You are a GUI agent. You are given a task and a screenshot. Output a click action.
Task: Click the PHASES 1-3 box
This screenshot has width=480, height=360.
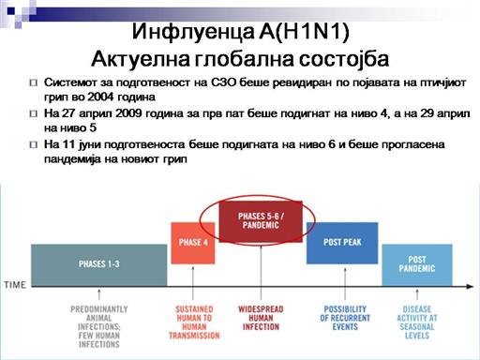click(99, 265)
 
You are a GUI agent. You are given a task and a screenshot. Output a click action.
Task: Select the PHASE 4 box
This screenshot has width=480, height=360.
click(193, 243)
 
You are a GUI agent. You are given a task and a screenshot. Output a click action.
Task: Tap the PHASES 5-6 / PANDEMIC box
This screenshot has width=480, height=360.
click(261, 221)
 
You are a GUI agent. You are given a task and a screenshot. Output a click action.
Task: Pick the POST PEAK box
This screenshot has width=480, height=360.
click(342, 243)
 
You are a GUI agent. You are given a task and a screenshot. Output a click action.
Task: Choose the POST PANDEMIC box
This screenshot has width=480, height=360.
click(417, 265)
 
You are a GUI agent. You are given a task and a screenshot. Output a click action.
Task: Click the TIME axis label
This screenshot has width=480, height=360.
click(15, 285)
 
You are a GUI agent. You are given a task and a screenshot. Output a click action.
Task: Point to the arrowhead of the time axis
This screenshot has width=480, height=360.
click(471, 286)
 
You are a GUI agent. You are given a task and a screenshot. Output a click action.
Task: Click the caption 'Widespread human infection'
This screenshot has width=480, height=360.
click(261, 318)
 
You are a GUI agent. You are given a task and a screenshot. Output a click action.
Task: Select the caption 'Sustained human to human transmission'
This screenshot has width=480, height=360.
click(194, 322)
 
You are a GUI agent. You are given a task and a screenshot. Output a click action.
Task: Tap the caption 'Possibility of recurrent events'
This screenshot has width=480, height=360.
click(345, 318)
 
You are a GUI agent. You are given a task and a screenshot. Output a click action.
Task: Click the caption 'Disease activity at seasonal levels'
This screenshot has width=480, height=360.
click(417, 322)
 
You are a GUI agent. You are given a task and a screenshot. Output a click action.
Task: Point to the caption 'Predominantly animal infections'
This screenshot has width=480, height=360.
click(99, 327)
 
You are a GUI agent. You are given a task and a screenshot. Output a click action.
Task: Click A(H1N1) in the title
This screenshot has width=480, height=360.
click(304, 31)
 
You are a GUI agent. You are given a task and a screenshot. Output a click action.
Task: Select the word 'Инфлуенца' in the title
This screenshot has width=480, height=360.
click(193, 32)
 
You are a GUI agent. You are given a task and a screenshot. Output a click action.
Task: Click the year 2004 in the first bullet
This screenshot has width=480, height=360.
click(100, 97)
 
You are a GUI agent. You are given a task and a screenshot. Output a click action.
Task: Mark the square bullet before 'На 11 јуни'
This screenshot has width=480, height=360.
click(34, 145)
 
